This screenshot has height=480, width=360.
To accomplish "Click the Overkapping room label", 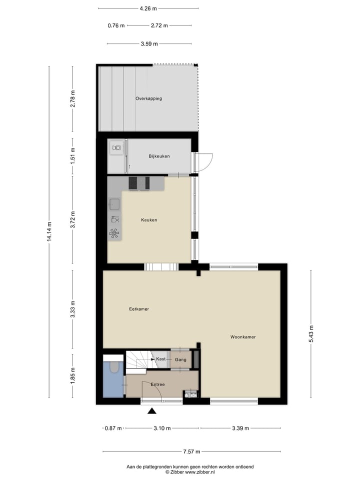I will click(148, 98).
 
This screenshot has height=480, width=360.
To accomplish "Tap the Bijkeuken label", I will click(159, 156).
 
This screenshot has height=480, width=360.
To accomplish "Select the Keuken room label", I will click(149, 219).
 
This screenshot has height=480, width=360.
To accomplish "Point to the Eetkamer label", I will click(139, 309).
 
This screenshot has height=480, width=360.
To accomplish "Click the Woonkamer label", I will click(243, 337).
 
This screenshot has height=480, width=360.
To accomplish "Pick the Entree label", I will click(157, 384).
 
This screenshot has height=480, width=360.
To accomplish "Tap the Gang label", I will click(180, 359).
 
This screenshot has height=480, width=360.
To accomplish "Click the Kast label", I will click(161, 359).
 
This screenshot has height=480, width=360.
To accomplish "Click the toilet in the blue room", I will click(114, 367).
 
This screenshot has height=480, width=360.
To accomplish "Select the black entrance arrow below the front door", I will click(152, 411).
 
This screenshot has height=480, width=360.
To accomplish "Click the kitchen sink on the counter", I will click(114, 203).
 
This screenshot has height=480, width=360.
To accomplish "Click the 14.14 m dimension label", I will click(49, 231).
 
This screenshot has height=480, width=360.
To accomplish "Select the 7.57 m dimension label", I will click(191, 451).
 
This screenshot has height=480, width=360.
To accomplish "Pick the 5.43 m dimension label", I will click(311, 334).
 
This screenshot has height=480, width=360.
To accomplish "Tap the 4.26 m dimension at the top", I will click(148, 8).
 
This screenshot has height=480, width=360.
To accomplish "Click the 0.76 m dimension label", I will click(115, 25).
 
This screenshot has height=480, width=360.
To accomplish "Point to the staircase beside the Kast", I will click(135, 361).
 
